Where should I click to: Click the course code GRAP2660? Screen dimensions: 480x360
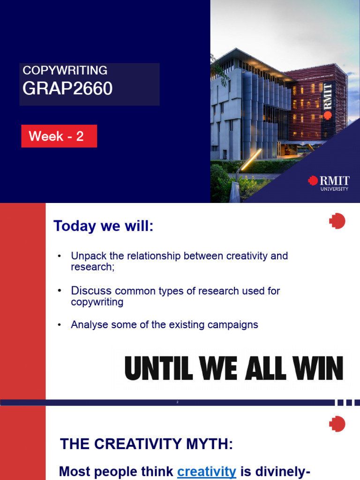tap(67, 89)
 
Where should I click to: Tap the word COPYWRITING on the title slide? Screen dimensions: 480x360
tap(65, 70)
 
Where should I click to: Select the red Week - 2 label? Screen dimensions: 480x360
tap(59, 136)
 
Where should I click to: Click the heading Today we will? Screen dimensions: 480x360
tap(104, 226)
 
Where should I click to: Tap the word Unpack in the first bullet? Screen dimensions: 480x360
tap(86, 256)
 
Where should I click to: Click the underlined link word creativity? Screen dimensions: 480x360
tap(206, 472)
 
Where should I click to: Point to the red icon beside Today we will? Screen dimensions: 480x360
tap(337, 221)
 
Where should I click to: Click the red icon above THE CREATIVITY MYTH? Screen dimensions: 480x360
tap(337, 424)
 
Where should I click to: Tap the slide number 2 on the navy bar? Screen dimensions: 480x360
tap(178, 402)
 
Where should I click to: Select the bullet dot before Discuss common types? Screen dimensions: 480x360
tap(60, 291)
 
